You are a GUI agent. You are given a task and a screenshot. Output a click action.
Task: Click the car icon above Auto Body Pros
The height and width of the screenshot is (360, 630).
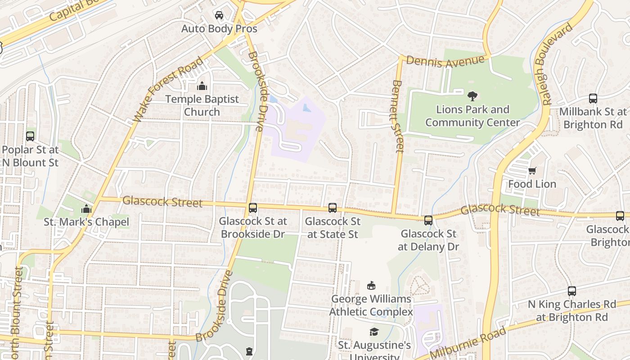(219, 16)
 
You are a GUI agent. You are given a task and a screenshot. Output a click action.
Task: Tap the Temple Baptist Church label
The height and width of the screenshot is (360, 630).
(202, 105)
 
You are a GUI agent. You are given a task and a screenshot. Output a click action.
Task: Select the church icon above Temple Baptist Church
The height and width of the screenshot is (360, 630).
(202, 86)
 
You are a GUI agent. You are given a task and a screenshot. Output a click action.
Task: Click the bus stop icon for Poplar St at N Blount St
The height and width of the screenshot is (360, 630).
(30, 136)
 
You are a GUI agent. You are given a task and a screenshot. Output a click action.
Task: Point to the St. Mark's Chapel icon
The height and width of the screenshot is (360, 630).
(86, 209)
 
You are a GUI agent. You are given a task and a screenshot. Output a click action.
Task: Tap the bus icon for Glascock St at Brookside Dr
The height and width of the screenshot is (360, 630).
(253, 208)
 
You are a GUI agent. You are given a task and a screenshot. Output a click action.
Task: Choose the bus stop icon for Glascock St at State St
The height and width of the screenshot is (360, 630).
(333, 208)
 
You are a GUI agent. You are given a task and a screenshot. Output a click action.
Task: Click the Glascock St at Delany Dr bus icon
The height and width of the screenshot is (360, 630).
(428, 220)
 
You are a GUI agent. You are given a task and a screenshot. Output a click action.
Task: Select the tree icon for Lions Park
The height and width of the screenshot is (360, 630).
(472, 96)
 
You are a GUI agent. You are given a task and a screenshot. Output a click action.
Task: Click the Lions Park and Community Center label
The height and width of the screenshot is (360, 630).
(472, 116)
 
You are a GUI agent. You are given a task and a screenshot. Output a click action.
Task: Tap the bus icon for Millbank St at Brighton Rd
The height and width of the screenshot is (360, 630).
(593, 99)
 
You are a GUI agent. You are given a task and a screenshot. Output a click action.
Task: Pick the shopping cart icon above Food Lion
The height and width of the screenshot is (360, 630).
(532, 171)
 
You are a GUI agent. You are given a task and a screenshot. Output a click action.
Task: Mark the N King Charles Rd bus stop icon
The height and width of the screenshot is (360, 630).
(572, 291)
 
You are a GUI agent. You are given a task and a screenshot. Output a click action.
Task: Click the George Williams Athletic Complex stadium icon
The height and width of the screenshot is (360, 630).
(371, 285)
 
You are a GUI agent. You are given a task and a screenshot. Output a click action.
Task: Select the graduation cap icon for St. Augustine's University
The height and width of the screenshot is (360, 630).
(374, 332)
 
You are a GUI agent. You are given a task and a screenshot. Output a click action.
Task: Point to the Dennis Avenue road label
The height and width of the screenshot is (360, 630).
(445, 62)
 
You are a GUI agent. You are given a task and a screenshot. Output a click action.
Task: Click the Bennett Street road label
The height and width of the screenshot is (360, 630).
(398, 116)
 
